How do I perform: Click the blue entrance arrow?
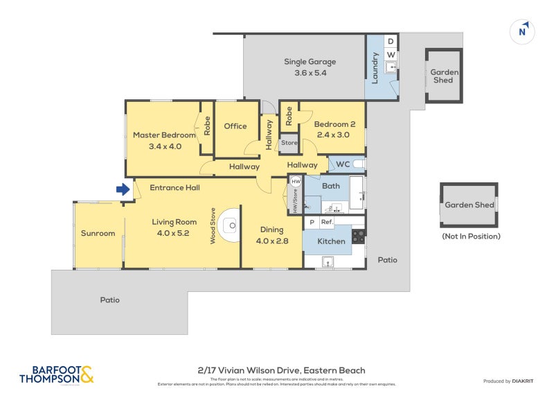click(x=123, y=189)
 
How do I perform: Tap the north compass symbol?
click(x=523, y=31)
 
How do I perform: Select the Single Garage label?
click(x=305, y=67)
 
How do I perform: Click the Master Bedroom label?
click(x=163, y=140)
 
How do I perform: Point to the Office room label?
click(x=235, y=126)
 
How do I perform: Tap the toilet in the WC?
click(x=357, y=164)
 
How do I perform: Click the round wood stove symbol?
click(x=233, y=225)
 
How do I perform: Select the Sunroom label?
click(x=98, y=233)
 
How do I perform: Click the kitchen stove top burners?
click(x=358, y=236)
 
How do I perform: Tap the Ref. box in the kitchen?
click(x=327, y=222)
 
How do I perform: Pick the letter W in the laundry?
click(x=390, y=55)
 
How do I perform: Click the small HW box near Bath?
click(x=296, y=182)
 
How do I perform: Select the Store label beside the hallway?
click(x=289, y=144)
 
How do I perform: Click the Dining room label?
click(x=271, y=235)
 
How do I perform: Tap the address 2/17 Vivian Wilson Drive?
click(x=276, y=370)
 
